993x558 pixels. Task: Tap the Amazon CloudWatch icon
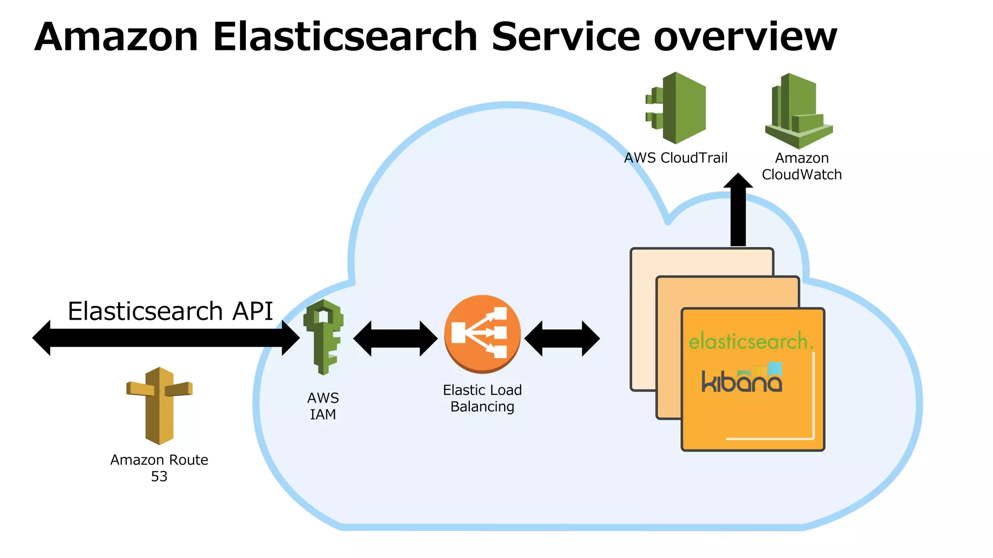(799, 111)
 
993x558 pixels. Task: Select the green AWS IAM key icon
(323, 337)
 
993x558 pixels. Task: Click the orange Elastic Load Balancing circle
(482, 334)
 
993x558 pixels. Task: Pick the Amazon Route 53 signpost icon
(160, 405)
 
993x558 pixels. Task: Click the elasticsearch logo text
(750, 341)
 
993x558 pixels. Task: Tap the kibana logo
(742, 378)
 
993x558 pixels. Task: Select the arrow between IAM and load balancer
(395, 338)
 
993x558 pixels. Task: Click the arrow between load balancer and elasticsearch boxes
(562, 338)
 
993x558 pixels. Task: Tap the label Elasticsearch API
(170, 311)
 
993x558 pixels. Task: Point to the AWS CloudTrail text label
(675, 158)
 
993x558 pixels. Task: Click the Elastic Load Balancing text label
(482, 398)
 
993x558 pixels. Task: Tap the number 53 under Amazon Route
(159, 477)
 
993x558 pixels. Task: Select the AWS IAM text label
(323, 406)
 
